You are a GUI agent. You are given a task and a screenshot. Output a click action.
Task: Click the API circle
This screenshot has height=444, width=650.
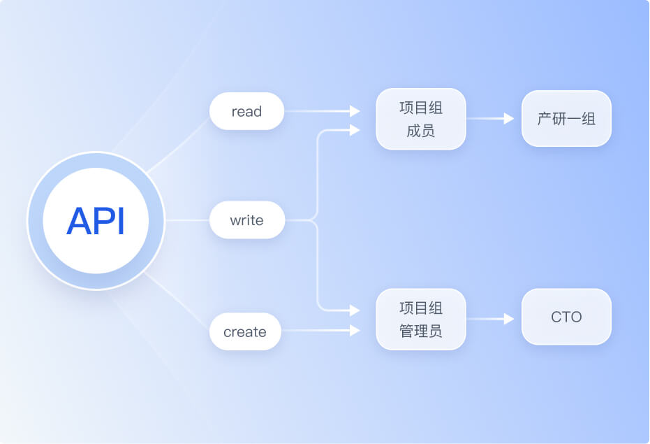pos(96,221)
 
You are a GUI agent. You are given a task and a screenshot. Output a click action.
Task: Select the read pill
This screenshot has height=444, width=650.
pos(246,112)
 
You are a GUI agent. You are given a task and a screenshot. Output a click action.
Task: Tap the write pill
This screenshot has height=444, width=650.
pos(246,221)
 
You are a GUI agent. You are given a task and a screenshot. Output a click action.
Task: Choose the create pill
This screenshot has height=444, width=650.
pos(245,332)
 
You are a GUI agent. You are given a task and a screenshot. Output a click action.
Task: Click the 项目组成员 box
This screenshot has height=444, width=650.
pos(420,119)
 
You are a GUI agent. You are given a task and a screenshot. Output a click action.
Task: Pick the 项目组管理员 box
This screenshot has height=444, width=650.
pos(420,320)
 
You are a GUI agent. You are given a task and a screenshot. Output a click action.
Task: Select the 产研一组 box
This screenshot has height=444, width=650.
pos(566,119)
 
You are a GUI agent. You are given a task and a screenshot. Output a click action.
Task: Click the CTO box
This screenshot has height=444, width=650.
pos(566,317)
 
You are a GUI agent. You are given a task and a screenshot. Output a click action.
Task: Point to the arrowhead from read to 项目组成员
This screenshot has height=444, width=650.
pos(355,111)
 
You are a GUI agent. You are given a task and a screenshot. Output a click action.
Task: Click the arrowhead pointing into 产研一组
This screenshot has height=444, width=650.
pos(509,119)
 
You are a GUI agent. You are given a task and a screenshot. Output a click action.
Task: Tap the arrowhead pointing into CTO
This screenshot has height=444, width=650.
pos(509,319)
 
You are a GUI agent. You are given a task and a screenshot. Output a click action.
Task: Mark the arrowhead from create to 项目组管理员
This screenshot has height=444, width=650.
pos(355,331)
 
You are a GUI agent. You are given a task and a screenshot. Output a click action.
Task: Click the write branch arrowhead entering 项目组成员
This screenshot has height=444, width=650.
pos(355,130)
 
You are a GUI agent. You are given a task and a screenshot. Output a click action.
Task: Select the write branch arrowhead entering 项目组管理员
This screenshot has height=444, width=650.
pos(355,310)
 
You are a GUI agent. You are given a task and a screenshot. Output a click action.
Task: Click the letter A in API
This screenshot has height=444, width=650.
pos(78,221)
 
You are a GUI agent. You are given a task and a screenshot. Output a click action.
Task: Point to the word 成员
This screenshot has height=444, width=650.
pos(420,131)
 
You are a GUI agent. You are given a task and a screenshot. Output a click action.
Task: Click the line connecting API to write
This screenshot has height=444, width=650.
pos(187,221)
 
